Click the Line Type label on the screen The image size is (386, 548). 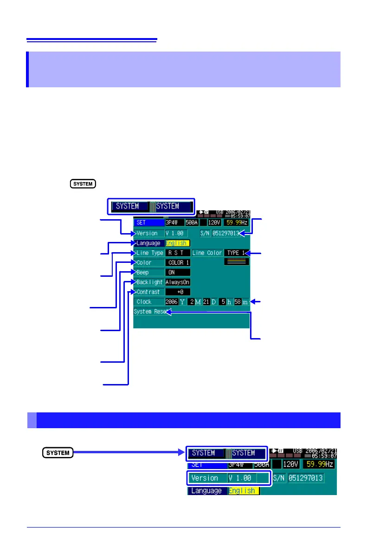(149, 253)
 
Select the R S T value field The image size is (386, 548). (177, 253)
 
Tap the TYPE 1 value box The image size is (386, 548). (236, 253)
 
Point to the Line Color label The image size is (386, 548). (207, 253)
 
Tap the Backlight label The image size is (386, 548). (149, 282)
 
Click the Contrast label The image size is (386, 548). (149, 292)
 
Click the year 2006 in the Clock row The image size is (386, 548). (172, 302)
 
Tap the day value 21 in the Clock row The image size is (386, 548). (206, 302)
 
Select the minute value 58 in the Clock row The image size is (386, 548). (238, 302)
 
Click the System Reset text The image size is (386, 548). (150, 312)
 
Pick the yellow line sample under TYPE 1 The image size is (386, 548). (237, 262)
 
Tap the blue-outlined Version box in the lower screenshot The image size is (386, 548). (229, 478)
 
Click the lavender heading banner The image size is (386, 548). (184, 69)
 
